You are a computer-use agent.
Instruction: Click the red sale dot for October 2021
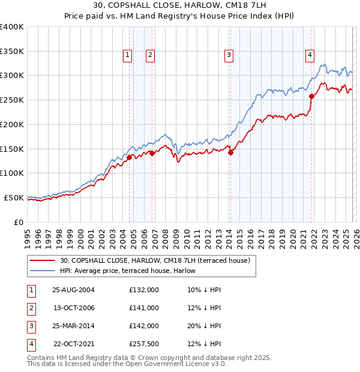(x=311, y=96)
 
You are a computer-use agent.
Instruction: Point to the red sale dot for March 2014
(x=231, y=152)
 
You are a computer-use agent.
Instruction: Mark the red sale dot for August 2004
(x=129, y=158)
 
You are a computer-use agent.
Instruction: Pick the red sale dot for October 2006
(x=152, y=153)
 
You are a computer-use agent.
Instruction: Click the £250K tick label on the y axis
(x=11, y=100)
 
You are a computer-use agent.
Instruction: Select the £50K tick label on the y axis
(x=13, y=197)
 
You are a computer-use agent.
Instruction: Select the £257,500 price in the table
(x=144, y=344)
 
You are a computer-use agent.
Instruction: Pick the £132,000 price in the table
(x=144, y=290)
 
